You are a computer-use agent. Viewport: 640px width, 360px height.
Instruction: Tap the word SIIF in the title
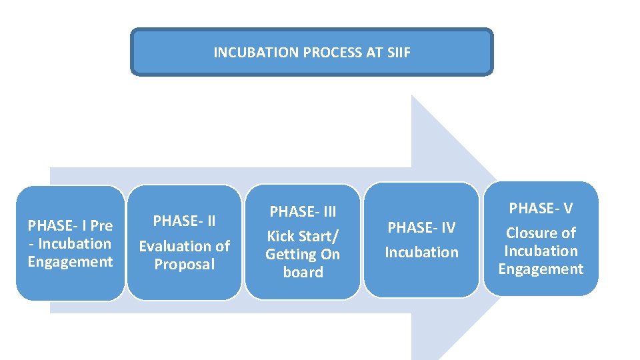tap(398, 52)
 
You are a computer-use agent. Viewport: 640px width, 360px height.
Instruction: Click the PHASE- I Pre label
tap(70, 225)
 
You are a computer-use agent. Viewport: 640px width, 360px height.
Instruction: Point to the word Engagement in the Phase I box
tap(70, 261)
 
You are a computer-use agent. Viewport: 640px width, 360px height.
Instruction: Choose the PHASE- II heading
tap(184, 221)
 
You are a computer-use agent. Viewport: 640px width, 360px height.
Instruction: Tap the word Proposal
tap(184, 264)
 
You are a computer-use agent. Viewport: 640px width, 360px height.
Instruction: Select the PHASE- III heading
tap(303, 212)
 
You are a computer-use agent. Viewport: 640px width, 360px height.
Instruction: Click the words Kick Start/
tap(303, 236)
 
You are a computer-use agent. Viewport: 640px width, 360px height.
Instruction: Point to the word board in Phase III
tap(303, 272)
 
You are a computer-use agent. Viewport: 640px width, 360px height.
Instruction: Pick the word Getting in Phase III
tap(291, 254)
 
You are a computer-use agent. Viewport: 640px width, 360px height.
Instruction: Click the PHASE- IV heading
tap(421, 228)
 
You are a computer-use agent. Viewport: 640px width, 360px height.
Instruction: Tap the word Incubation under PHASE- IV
tap(421, 252)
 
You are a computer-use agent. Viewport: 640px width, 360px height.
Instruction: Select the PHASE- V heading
tap(541, 209)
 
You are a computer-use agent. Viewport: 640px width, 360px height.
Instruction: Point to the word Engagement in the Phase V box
tap(541, 269)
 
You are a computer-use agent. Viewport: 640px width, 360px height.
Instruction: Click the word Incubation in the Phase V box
tap(541, 251)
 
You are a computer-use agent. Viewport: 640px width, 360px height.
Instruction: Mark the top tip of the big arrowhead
tap(412, 96)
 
